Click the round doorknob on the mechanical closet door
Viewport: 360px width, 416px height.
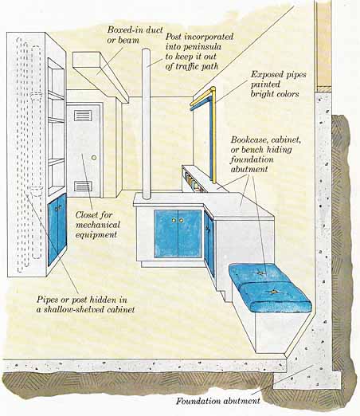coord(94,158)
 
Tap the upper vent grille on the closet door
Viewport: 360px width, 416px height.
coord(84,116)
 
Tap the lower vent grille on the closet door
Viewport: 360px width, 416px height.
coord(83,186)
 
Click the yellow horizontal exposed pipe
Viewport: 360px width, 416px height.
coord(203,96)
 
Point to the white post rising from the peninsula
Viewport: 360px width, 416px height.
coord(146,124)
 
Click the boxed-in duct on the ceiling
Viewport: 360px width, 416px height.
coord(100,76)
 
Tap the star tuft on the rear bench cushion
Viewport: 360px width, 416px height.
coord(259,273)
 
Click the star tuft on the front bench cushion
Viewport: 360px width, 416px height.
coord(273,292)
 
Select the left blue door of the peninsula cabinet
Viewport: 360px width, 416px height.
coord(166,234)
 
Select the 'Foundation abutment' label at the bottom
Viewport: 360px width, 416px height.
coord(218,401)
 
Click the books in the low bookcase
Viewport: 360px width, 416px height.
coord(192,182)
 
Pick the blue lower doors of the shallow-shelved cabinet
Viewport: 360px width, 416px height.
coord(57,230)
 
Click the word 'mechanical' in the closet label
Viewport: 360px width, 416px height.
coord(98,225)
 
